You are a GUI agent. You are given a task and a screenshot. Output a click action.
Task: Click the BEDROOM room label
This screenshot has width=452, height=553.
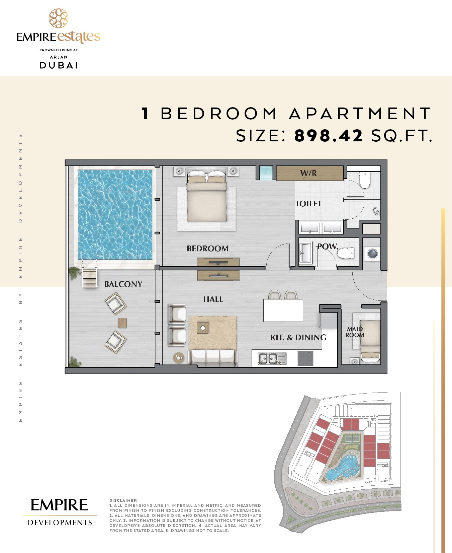pyautogui.click(x=207, y=249)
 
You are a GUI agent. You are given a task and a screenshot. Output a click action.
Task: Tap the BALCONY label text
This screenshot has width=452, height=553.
pyautogui.click(x=123, y=284)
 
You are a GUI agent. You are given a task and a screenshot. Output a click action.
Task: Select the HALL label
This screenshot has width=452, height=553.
pyautogui.click(x=213, y=299)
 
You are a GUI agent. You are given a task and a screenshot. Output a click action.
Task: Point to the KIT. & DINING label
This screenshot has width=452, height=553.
pyautogui.click(x=298, y=338)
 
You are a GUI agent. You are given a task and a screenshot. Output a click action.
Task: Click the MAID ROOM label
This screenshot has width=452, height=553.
pyautogui.click(x=355, y=332)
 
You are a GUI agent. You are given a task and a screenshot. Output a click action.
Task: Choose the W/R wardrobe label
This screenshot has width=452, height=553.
pyautogui.click(x=308, y=173)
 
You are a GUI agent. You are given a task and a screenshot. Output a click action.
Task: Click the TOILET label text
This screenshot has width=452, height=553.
pyautogui.click(x=308, y=204)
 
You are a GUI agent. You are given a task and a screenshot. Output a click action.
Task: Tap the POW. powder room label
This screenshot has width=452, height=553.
pyautogui.click(x=327, y=247)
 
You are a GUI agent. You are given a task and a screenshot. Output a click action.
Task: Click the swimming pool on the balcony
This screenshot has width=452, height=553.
pyautogui.click(x=115, y=214)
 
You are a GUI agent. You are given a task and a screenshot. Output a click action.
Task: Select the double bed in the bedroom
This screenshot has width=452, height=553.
pyautogui.click(x=206, y=198)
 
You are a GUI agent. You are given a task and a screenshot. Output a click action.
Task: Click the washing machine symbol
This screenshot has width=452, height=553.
pyautogui.click(x=372, y=254)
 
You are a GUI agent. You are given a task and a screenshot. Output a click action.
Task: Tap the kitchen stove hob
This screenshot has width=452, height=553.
pyautogui.click(x=305, y=358)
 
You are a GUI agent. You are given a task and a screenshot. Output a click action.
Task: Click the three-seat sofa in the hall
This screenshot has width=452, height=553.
pyautogui.click(x=213, y=358)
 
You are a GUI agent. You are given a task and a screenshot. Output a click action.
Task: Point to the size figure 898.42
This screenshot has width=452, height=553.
pyautogui.click(x=328, y=136)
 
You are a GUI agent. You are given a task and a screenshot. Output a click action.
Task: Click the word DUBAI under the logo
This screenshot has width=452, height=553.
pyautogui.click(x=59, y=65)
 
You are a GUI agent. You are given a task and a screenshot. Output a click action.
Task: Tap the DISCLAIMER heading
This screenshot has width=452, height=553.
pyautogui.click(x=123, y=500)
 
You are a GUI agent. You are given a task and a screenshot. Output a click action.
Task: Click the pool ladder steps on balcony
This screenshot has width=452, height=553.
pyautogui.click(x=89, y=277)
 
